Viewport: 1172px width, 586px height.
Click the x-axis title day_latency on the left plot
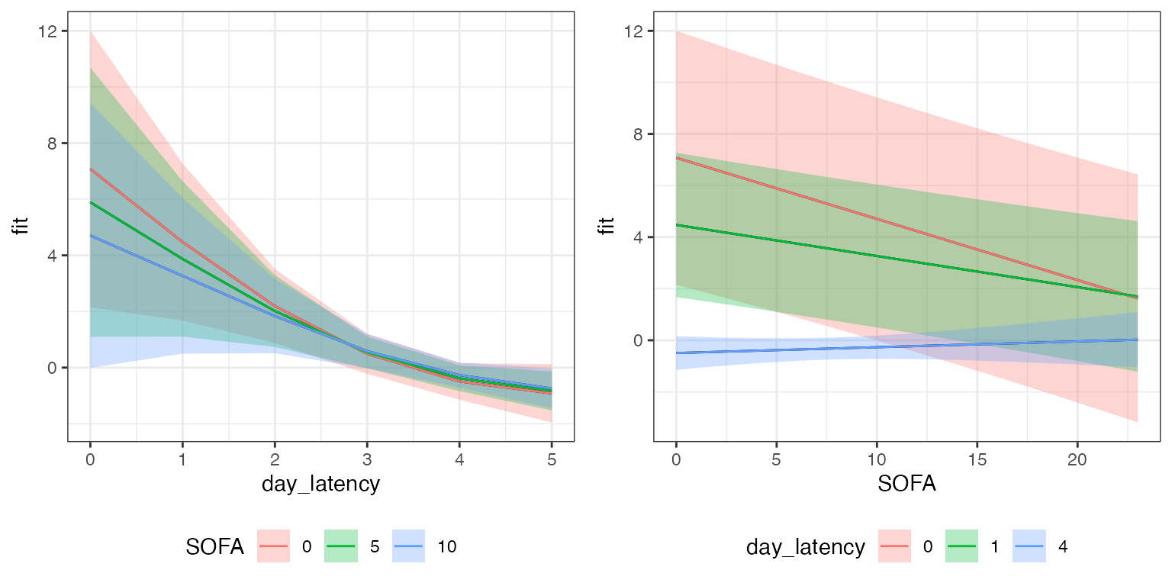pyautogui.click(x=320, y=484)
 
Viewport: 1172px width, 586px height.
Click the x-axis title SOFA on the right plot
pyautogui.click(x=906, y=484)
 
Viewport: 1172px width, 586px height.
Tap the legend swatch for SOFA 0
pyautogui.click(x=272, y=546)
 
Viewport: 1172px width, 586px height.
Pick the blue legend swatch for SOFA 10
pyautogui.click(x=408, y=546)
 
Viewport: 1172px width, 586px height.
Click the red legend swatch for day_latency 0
pyautogui.click(x=895, y=546)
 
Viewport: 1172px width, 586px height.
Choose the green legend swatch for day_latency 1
pyautogui.click(x=962, y=546)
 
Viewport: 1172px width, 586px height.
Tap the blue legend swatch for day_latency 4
pyautogui.click(x=1029, y=546)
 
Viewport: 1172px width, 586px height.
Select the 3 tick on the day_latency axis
pyautogui.click(x=367, y=459)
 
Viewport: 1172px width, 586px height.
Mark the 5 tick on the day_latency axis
pyautogui.click(x=552, y=459)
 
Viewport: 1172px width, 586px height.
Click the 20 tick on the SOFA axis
pyautogui.click(x=1077, y=459)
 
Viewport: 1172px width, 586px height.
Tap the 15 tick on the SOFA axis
pyautogui.click(x=977, y=459)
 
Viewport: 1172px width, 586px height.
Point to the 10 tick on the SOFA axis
pyautogui.click(x=877, y=459)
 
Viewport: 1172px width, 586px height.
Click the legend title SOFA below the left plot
pyautogui.click(x=215, y=546)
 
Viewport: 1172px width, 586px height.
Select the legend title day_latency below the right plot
pyautogui.click(x=806, y=546)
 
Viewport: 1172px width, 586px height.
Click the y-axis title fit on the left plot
pyautogui.click(x=24, y=227)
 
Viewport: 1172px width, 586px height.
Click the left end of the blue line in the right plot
pyautogui.click(x=677, y=353)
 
